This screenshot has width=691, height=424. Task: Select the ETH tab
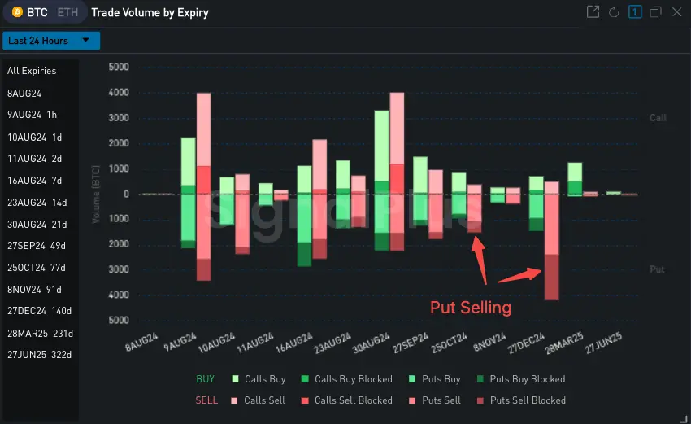click(68, 13)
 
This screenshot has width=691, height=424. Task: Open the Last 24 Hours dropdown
click(50, 41)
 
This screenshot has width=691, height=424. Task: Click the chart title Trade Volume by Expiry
click(150, 13)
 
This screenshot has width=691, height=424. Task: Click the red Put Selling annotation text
click(471, 308)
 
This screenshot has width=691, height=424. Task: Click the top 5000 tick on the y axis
click(118, 68)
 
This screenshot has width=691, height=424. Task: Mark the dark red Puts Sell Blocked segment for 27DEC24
click(551, 278)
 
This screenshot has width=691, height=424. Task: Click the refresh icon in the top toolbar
click(614, 13)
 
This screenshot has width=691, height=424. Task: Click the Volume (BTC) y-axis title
click(96, 194)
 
